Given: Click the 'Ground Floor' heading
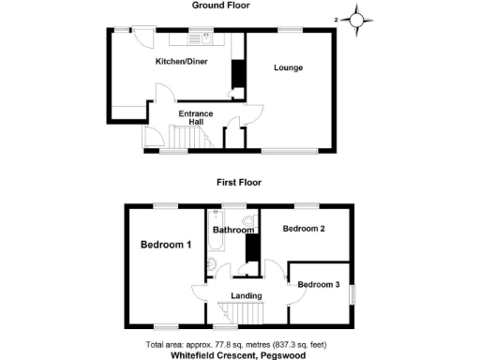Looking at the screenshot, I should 220,6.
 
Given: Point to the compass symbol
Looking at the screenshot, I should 356,18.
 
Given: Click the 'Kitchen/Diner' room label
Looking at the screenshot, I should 181,62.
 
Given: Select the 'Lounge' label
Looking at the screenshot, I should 288,68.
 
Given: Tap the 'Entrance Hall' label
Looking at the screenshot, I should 197,117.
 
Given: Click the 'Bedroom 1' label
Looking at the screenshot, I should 166,246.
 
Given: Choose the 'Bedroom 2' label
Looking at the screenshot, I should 304,229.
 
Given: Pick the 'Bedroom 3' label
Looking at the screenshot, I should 319,284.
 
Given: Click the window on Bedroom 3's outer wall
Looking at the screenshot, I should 353,293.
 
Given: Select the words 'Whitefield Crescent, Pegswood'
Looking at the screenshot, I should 239,355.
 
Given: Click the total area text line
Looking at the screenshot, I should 239,344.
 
